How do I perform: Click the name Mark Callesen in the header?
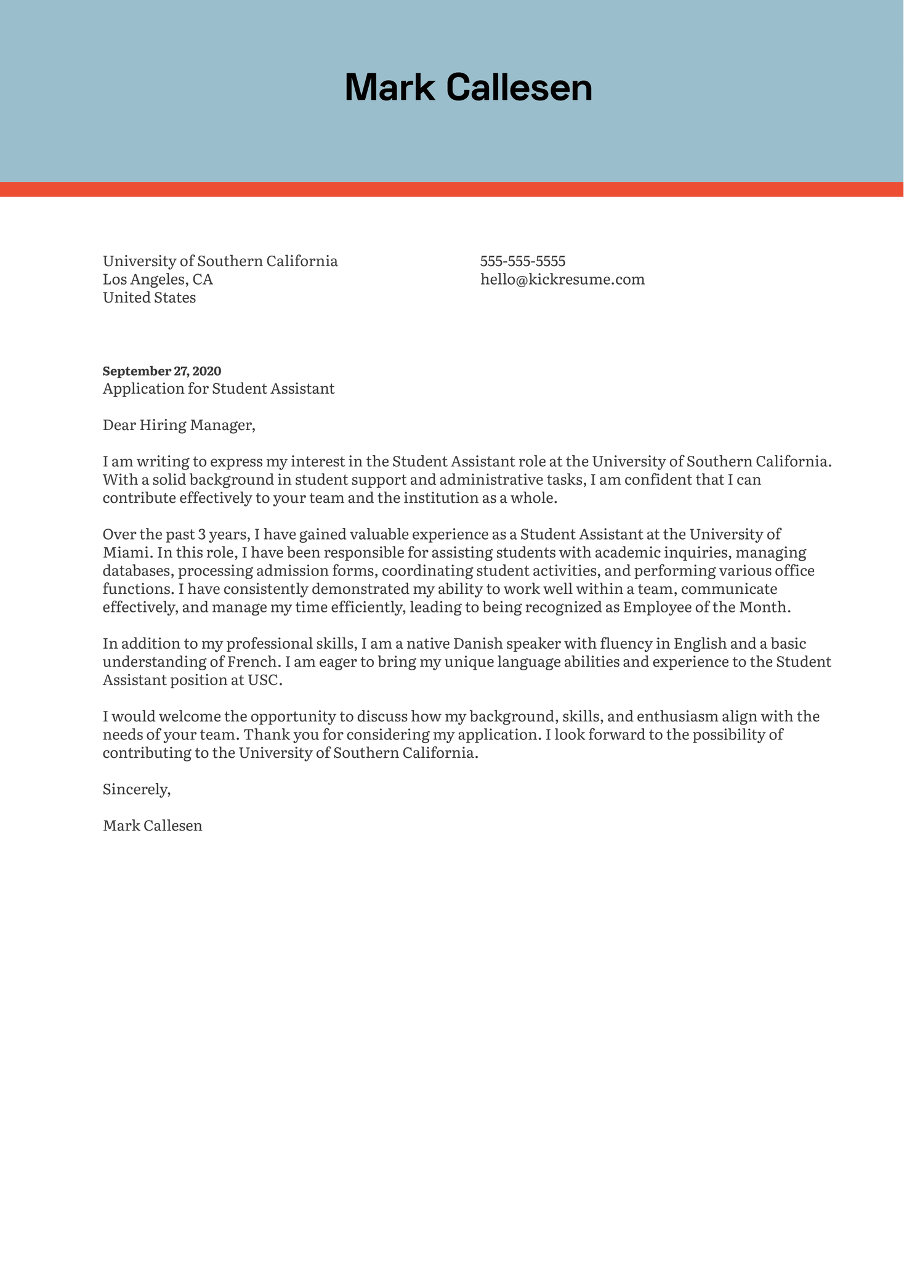[468, 87]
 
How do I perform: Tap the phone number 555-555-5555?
[523, 261]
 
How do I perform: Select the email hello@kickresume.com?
[562, 280]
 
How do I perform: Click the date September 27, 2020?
[161, 371]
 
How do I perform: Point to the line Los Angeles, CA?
[158, 280]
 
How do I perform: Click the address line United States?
[149, 298]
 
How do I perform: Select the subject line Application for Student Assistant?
[219, 389]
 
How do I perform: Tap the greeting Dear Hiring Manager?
[179, 425]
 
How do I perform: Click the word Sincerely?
[136, 789]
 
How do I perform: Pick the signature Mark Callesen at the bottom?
[152, 826]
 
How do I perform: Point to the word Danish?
[477, 644]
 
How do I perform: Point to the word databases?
[136, 571]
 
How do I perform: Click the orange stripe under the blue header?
[452, 189]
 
